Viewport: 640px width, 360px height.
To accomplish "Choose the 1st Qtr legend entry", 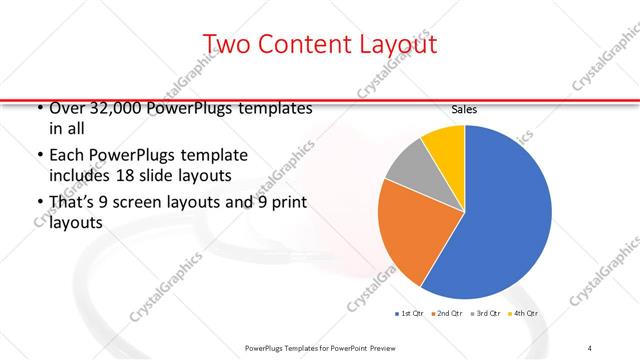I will tap(409, 315).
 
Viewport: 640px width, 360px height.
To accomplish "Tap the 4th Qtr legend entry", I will tap(527, 315).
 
